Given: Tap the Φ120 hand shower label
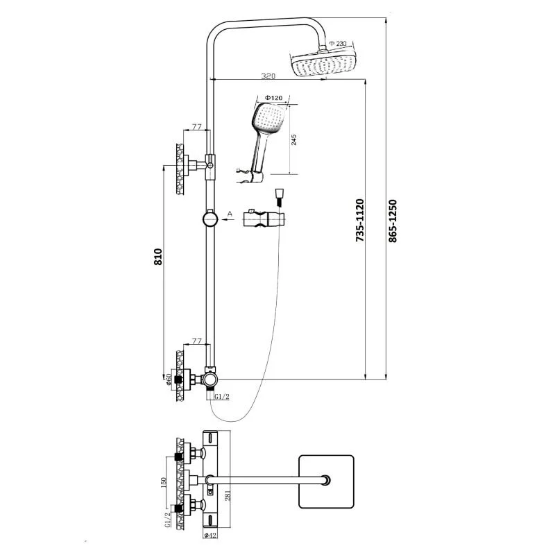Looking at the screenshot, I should pos(273,99).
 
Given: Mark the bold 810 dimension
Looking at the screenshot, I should pos(158,257).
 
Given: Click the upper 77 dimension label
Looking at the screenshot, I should pos(196,127).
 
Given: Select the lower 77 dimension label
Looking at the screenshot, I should pos(196,341).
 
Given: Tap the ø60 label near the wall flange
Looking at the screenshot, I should pos(169,379).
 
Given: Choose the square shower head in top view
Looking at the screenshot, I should pos(326,481).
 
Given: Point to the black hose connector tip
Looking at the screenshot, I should pos(278,200).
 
